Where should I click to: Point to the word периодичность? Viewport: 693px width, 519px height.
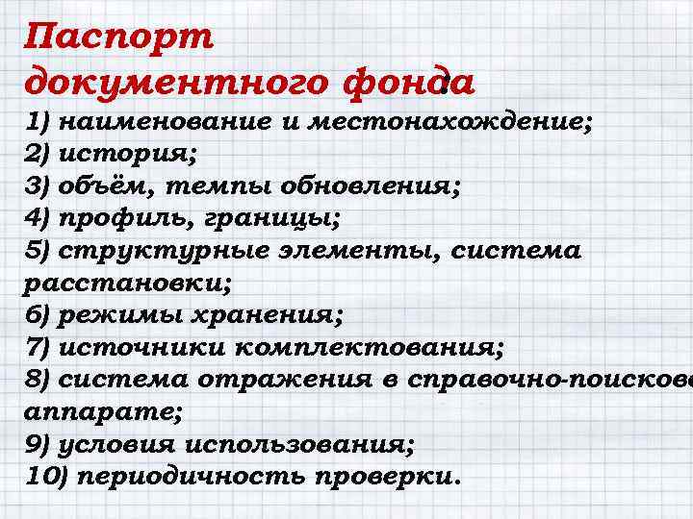tap(185, 475)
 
